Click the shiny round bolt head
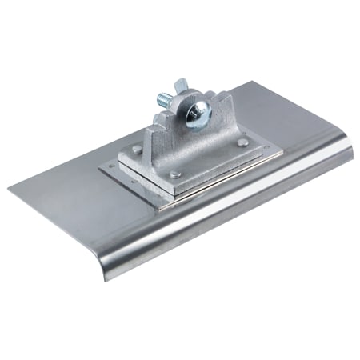point(198,113)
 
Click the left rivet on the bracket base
point(138,150)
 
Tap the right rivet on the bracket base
point(241,144)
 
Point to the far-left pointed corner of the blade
point(10,190)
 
